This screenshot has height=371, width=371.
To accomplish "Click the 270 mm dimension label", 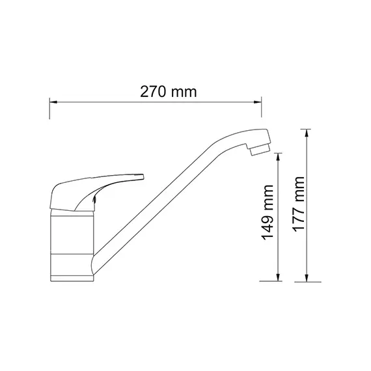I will point(169,92).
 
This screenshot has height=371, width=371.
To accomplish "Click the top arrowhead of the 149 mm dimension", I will point(279,156).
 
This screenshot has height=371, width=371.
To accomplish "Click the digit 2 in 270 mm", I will point(144,92).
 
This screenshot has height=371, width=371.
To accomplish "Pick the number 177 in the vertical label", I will point(297,215).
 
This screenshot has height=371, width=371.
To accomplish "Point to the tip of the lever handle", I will point(140,175).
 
